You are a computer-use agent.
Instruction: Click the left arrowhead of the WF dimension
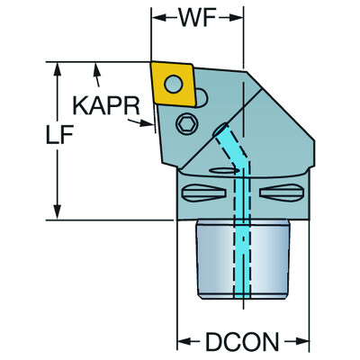(156, 18)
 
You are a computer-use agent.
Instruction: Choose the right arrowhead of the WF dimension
(240, 18)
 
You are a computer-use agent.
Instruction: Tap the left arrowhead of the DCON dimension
(181, 342)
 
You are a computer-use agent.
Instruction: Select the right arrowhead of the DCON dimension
(305, 342)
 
